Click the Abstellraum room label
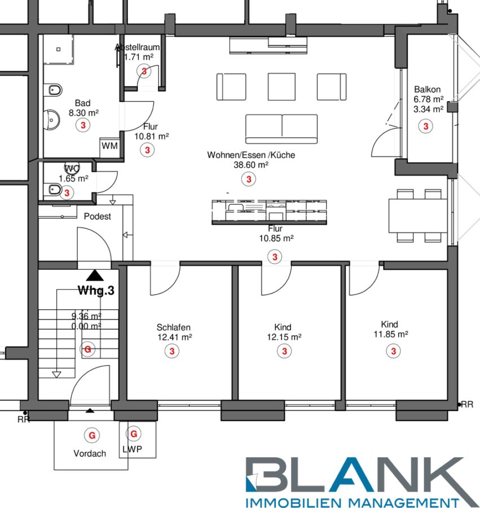tap(137, 47)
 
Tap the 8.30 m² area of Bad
tap(83, 113)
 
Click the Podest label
tap(97, 216)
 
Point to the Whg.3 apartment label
tap(96, 290)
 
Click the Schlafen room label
tap(174, 327)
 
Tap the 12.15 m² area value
tap(284, 337)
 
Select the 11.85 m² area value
tap(391, 334)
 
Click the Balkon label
tap(427, 89)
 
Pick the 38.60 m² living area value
tap(251, 165)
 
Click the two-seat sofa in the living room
tap(281, 129)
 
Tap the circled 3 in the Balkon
tap(426, 126)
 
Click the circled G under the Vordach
tap(92, 435)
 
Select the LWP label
tap(132, 449)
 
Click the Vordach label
tap(90, 453)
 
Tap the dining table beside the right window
tap(418, 215)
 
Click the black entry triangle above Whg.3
tap(95, 275)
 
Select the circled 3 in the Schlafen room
tap(172, 351)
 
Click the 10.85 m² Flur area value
tap(276, 238)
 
